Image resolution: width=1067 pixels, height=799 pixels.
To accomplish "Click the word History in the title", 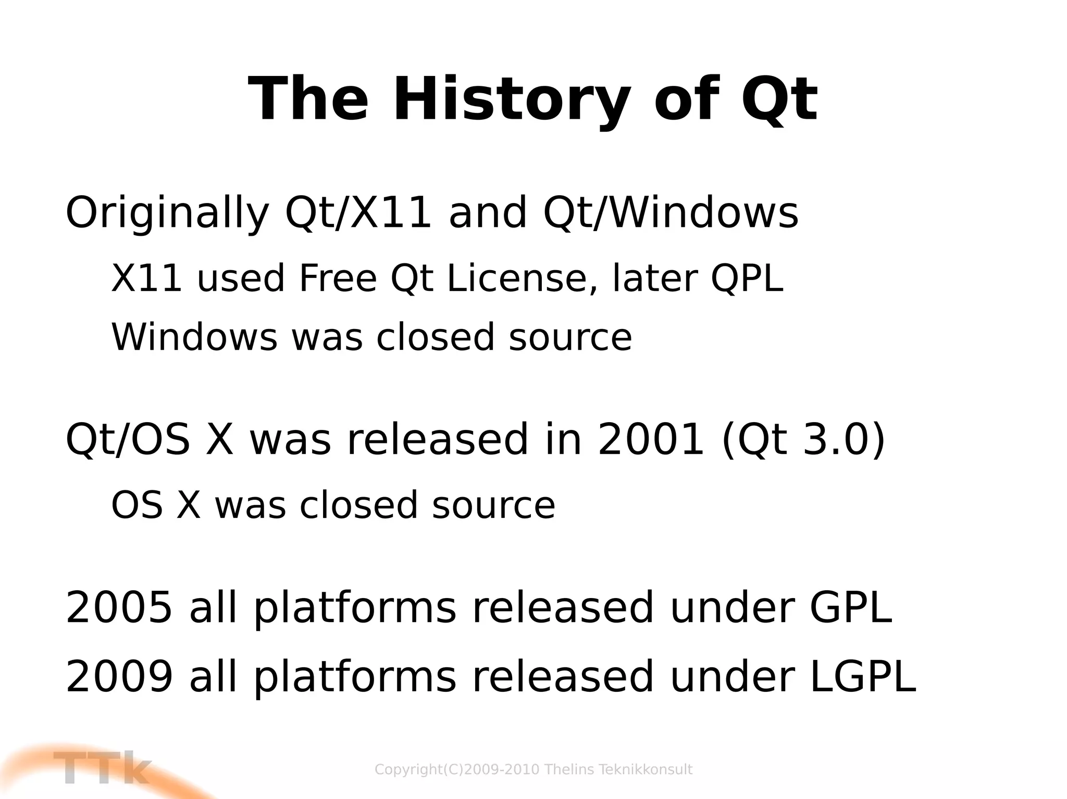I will (511, 99).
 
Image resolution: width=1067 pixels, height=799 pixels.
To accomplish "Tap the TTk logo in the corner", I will (102, 768).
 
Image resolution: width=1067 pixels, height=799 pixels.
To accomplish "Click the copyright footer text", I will (533, 769).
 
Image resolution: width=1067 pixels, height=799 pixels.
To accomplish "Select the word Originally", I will (167, 213).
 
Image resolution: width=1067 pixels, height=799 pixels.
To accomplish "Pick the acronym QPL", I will (747, 278).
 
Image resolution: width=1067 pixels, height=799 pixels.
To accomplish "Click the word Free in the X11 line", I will (338, 278).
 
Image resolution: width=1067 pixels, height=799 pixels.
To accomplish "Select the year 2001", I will (651, 440).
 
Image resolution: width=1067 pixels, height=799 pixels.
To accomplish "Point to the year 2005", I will (119, 607).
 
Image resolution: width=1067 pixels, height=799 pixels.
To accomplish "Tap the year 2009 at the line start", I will (119, 676).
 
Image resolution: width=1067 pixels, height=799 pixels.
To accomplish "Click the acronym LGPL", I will (863, 676).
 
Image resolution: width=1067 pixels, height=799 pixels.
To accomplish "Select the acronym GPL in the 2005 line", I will (850, 607).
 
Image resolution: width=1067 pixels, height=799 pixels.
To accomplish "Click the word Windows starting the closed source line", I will (194, 337).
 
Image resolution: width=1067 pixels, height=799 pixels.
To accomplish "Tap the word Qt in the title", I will (779, 99).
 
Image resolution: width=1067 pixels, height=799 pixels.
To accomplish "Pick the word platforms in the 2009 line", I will (355, 677).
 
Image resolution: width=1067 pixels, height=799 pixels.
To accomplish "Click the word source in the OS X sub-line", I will (493, 505).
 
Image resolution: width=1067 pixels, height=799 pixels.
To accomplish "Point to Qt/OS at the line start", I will (128, 440).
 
